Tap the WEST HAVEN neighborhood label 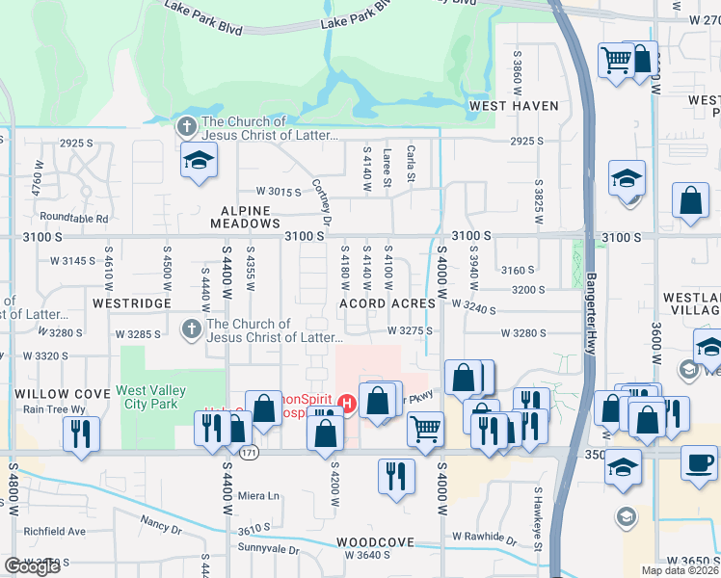pyautogui.click(x=514, y=105)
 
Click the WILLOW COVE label pyautogui.click(x=55, y=394)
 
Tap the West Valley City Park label pyautogui.click(x=147, y=397)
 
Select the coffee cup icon pyautogui.click(x=699, y=460)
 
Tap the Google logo pyautogui.click(x=32, y=566)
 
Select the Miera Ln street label pyautogui.click(x=259, y=496)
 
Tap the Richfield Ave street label pyautogui.click(x=55, y=531)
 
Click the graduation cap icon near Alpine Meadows pyautogui.click(x=199, y=161)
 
